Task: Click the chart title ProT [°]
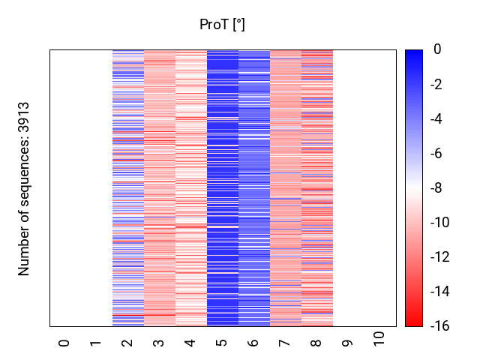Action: tap(222, 25)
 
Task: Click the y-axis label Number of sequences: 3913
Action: tap(24, 188)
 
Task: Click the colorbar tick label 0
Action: tap(437, 49)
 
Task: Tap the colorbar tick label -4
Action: tap(435, 118)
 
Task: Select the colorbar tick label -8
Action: tap(435, 188)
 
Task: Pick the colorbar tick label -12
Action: tap(437, 257)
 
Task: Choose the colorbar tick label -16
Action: tap(437, 326)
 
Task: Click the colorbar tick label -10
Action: tap(437, 223)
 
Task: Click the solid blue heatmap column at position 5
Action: tap(222, 188)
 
